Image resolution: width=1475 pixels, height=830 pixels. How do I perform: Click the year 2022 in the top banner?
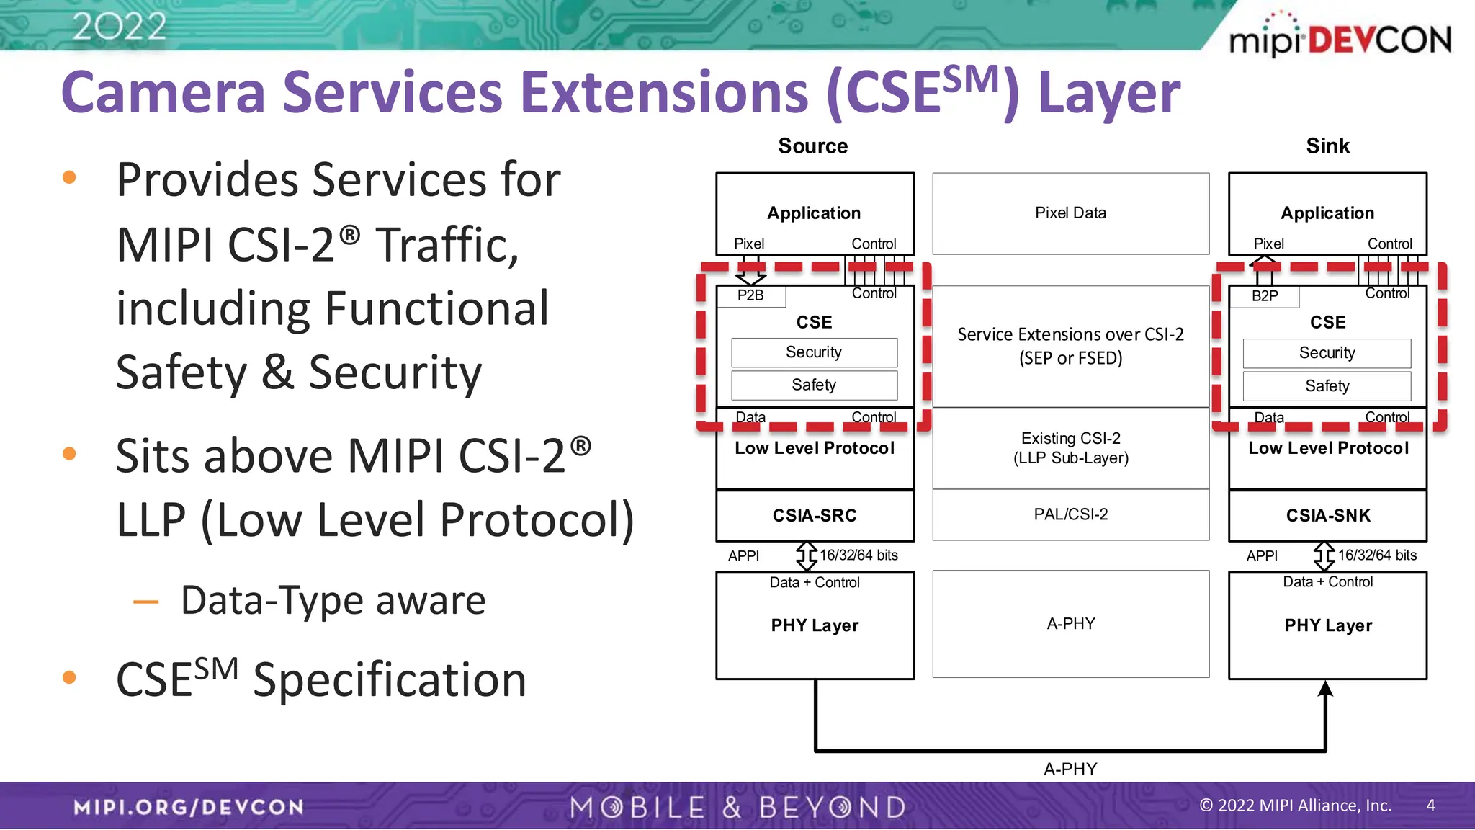point(120,27)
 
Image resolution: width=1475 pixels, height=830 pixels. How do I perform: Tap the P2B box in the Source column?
point(750,295)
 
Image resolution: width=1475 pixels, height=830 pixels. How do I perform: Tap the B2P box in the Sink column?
point(1265,296)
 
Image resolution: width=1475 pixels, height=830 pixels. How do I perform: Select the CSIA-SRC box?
point(815,516)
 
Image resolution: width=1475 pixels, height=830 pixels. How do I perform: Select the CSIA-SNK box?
point(1327,516)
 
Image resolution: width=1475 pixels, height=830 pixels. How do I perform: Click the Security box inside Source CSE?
point(814,352)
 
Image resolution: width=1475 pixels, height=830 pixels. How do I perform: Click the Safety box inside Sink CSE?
point(1327,386)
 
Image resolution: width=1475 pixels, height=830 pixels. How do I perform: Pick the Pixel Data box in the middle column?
point(1070,213)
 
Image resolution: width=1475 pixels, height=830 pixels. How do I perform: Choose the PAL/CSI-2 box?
point(1070,514)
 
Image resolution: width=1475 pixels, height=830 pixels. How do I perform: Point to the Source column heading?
point(812,146)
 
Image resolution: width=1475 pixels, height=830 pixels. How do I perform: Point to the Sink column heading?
point(1327,146)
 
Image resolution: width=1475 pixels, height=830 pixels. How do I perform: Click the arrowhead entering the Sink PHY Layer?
point(1325,689)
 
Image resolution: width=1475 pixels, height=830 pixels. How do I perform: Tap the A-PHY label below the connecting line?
point(1070,769)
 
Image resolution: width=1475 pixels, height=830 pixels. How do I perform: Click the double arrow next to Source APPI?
point(806,555)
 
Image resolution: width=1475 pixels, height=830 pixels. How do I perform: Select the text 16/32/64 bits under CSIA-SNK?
point(1376,555)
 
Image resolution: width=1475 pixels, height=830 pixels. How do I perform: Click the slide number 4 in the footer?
point(1430,806)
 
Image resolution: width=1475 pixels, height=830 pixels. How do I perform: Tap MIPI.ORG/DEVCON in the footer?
point(189,807)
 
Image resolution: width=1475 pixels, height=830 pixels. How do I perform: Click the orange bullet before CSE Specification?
point(70,677)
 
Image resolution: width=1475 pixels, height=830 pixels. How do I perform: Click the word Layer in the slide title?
point(1109,94)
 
